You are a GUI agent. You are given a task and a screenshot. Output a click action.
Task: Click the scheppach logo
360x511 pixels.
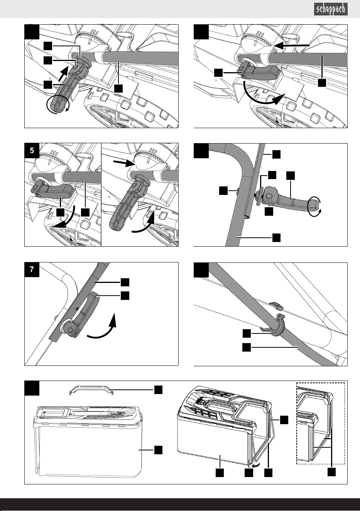331,9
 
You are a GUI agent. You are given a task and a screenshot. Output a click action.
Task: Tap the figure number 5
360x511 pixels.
32,151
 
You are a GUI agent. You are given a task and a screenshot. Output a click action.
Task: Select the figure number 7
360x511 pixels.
32,269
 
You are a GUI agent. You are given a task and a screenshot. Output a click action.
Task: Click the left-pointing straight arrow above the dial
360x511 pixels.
292,46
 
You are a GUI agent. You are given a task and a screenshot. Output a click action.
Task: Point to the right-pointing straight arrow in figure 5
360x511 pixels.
125,162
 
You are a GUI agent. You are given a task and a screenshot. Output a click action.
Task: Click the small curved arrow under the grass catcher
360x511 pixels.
255,465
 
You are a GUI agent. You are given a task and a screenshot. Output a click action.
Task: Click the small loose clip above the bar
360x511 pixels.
277,306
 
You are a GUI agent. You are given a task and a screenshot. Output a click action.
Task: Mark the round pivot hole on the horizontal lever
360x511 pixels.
269,196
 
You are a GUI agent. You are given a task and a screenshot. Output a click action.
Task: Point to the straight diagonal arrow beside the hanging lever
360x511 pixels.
63,74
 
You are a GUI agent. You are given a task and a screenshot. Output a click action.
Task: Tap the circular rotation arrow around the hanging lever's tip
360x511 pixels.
57,105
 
